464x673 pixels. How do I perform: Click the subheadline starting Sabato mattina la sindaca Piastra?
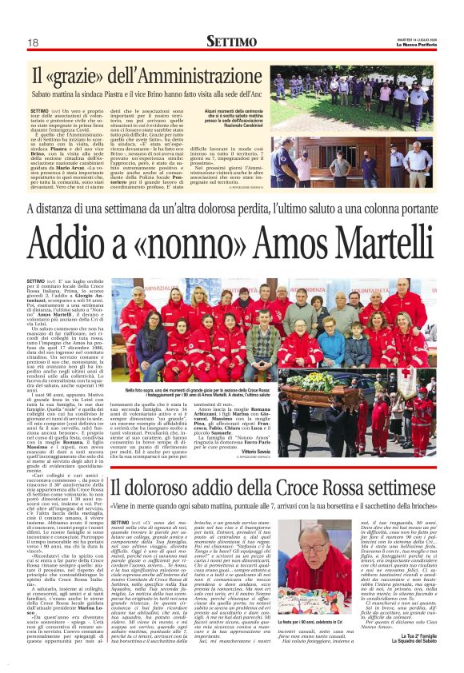click(x=148, y=94)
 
